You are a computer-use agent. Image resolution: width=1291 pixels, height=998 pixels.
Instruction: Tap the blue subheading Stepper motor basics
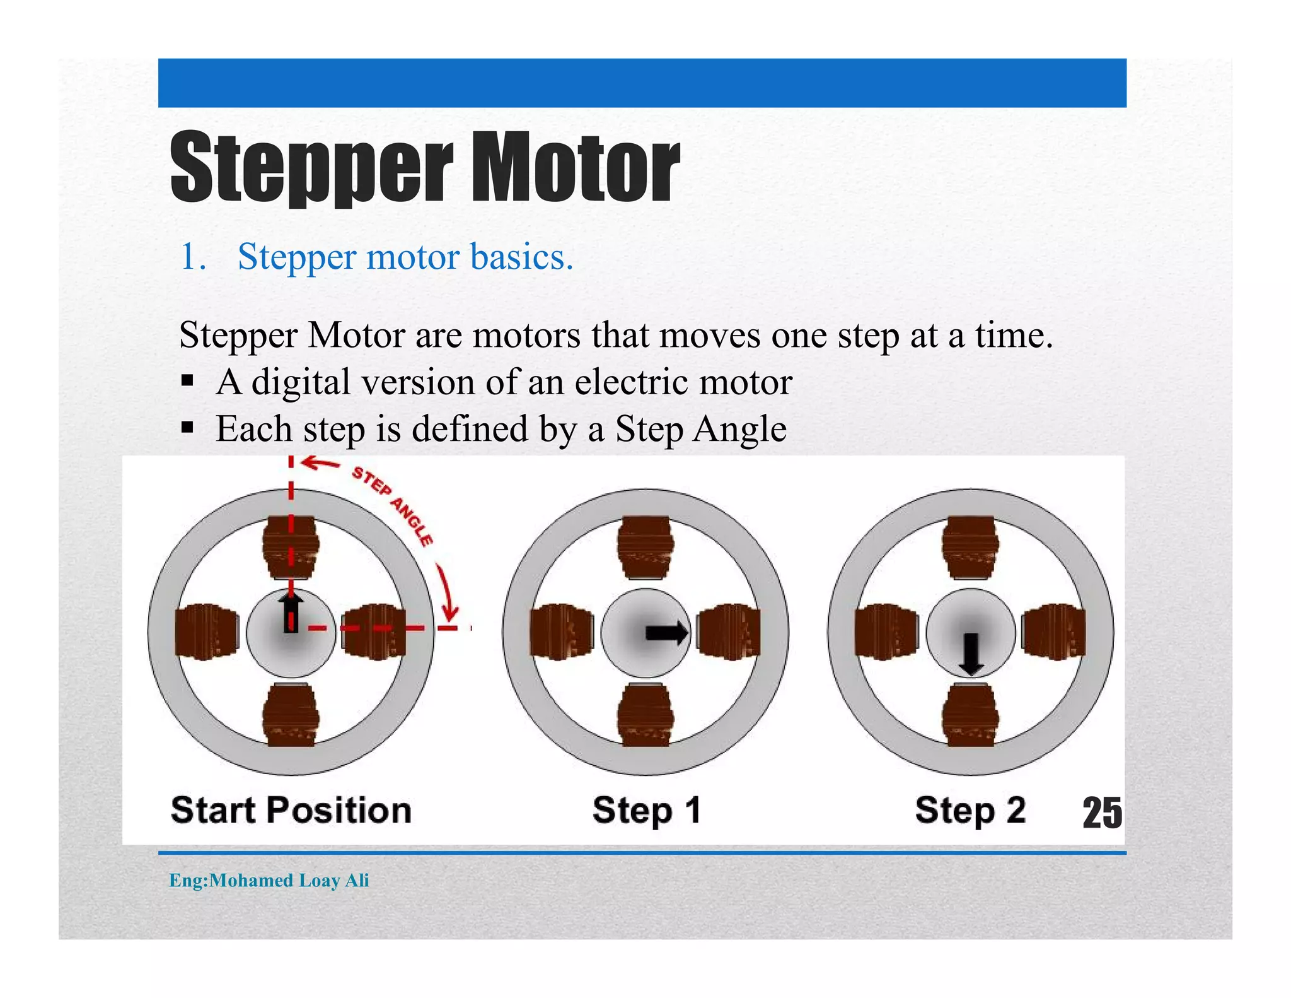(405, 257)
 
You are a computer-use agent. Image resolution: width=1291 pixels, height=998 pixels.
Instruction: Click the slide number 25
(1102, 813)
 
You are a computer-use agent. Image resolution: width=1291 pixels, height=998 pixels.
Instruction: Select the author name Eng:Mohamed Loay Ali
(269, 880)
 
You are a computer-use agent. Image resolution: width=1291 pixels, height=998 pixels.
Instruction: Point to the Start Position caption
(291, 810)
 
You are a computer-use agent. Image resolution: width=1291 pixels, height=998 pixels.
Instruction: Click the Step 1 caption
(646, 810)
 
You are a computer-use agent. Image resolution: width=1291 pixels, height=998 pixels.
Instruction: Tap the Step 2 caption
(970, 810)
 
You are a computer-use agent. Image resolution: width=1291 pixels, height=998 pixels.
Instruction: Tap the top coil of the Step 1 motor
(645, 546)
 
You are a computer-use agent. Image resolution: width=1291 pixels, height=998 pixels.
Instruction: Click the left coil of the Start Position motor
(206, 631)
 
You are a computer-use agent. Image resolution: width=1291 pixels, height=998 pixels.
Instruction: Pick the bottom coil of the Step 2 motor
(971, 715)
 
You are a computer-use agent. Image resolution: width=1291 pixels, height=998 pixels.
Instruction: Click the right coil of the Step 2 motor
(1053, 631)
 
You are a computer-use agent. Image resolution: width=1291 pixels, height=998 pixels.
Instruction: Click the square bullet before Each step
(187, 428)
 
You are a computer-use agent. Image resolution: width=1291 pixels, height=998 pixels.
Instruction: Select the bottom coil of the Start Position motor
(291, 715)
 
